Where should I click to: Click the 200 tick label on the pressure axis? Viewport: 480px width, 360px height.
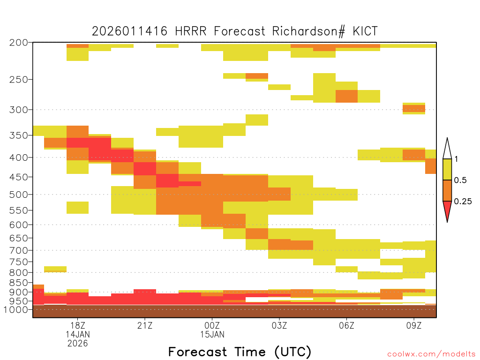(x=19, y=43)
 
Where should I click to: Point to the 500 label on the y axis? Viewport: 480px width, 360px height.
(x=19, y=195)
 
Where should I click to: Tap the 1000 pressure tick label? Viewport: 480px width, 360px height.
(x=16, y=310)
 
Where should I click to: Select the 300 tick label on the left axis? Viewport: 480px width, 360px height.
(x=19, y=110)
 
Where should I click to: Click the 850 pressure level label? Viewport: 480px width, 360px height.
(x=19, y=283)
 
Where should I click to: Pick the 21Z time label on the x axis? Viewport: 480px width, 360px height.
(x=145, y=325)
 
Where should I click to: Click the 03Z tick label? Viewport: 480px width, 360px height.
(x=279, y=325)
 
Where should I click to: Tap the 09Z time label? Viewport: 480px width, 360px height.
(x=414, y=325)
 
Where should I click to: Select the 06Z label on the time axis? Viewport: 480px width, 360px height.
(x=346, y=325)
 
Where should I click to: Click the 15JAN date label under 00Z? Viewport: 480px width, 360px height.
(x=212, y=335)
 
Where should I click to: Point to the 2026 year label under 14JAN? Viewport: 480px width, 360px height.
(x=77, y=344)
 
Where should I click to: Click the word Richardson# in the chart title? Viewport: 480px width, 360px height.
(x=308, y=31)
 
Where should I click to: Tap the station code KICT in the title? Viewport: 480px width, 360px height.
(x=365, y=31)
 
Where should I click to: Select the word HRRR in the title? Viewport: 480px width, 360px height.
(x=191, y=31)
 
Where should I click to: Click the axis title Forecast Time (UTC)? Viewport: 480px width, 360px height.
(x=240, y=352)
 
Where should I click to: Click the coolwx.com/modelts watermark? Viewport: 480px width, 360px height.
(x=431, y=354)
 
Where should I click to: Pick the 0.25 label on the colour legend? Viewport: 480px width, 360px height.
(x=463, y=202)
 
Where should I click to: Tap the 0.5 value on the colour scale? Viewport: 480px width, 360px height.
(x=460, y=180)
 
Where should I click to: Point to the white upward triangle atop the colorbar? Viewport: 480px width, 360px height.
(x=447, y=149)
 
